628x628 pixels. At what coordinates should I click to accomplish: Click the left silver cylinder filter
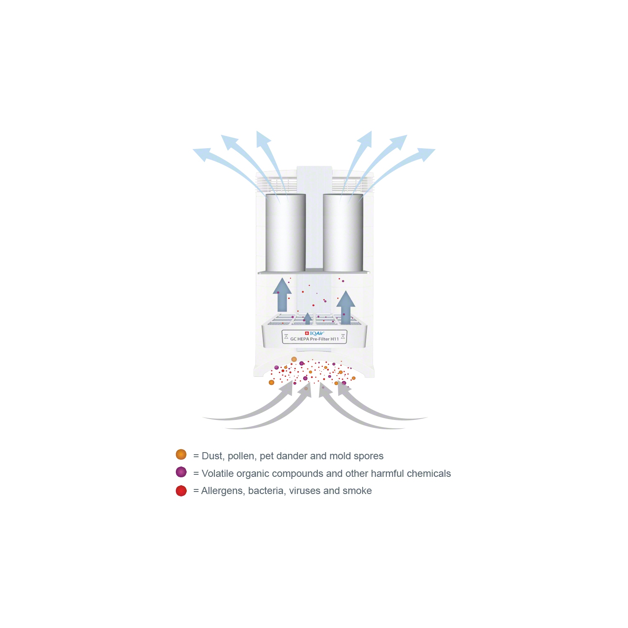click(286, 233)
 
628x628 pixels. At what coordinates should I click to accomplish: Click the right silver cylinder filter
click(343, 233)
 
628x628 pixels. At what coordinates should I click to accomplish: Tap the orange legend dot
click(181, 455)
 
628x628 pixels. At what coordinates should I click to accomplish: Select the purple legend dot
click(181, 472)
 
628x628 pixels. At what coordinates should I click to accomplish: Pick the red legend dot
click(181, 491)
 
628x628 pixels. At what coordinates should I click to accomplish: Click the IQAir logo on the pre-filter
click(315, 333)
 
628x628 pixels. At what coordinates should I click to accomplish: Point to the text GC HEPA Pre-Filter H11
click(314, 339)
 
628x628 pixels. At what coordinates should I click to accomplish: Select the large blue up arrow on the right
click(346, 308)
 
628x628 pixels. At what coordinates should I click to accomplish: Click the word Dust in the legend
click(213, 456)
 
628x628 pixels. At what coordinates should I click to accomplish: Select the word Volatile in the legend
click(218, 474)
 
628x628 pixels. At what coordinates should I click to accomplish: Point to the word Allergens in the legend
click(222, 491)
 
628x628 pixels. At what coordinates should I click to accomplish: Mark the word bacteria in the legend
click(266, 491)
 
